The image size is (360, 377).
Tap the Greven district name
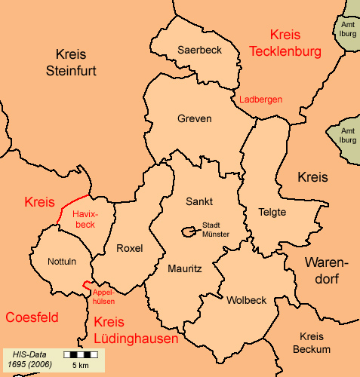coord(195,119)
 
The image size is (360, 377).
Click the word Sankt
coord(199,201)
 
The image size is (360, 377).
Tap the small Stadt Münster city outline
coord(186,231)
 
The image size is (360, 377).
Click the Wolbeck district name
coord(246,300)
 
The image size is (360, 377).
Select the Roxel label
coord(130,248)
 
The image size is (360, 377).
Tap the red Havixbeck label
coord(85,219)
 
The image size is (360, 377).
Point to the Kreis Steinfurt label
coord(82,63)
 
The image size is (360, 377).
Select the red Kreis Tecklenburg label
coord(285,44)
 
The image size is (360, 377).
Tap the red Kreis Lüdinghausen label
coord(137,331)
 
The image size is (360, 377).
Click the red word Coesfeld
coord(32,317)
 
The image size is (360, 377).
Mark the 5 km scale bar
coord(78,354)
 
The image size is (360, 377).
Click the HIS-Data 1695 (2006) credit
coord(28,358)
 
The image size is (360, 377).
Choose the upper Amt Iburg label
coord(347,29)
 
